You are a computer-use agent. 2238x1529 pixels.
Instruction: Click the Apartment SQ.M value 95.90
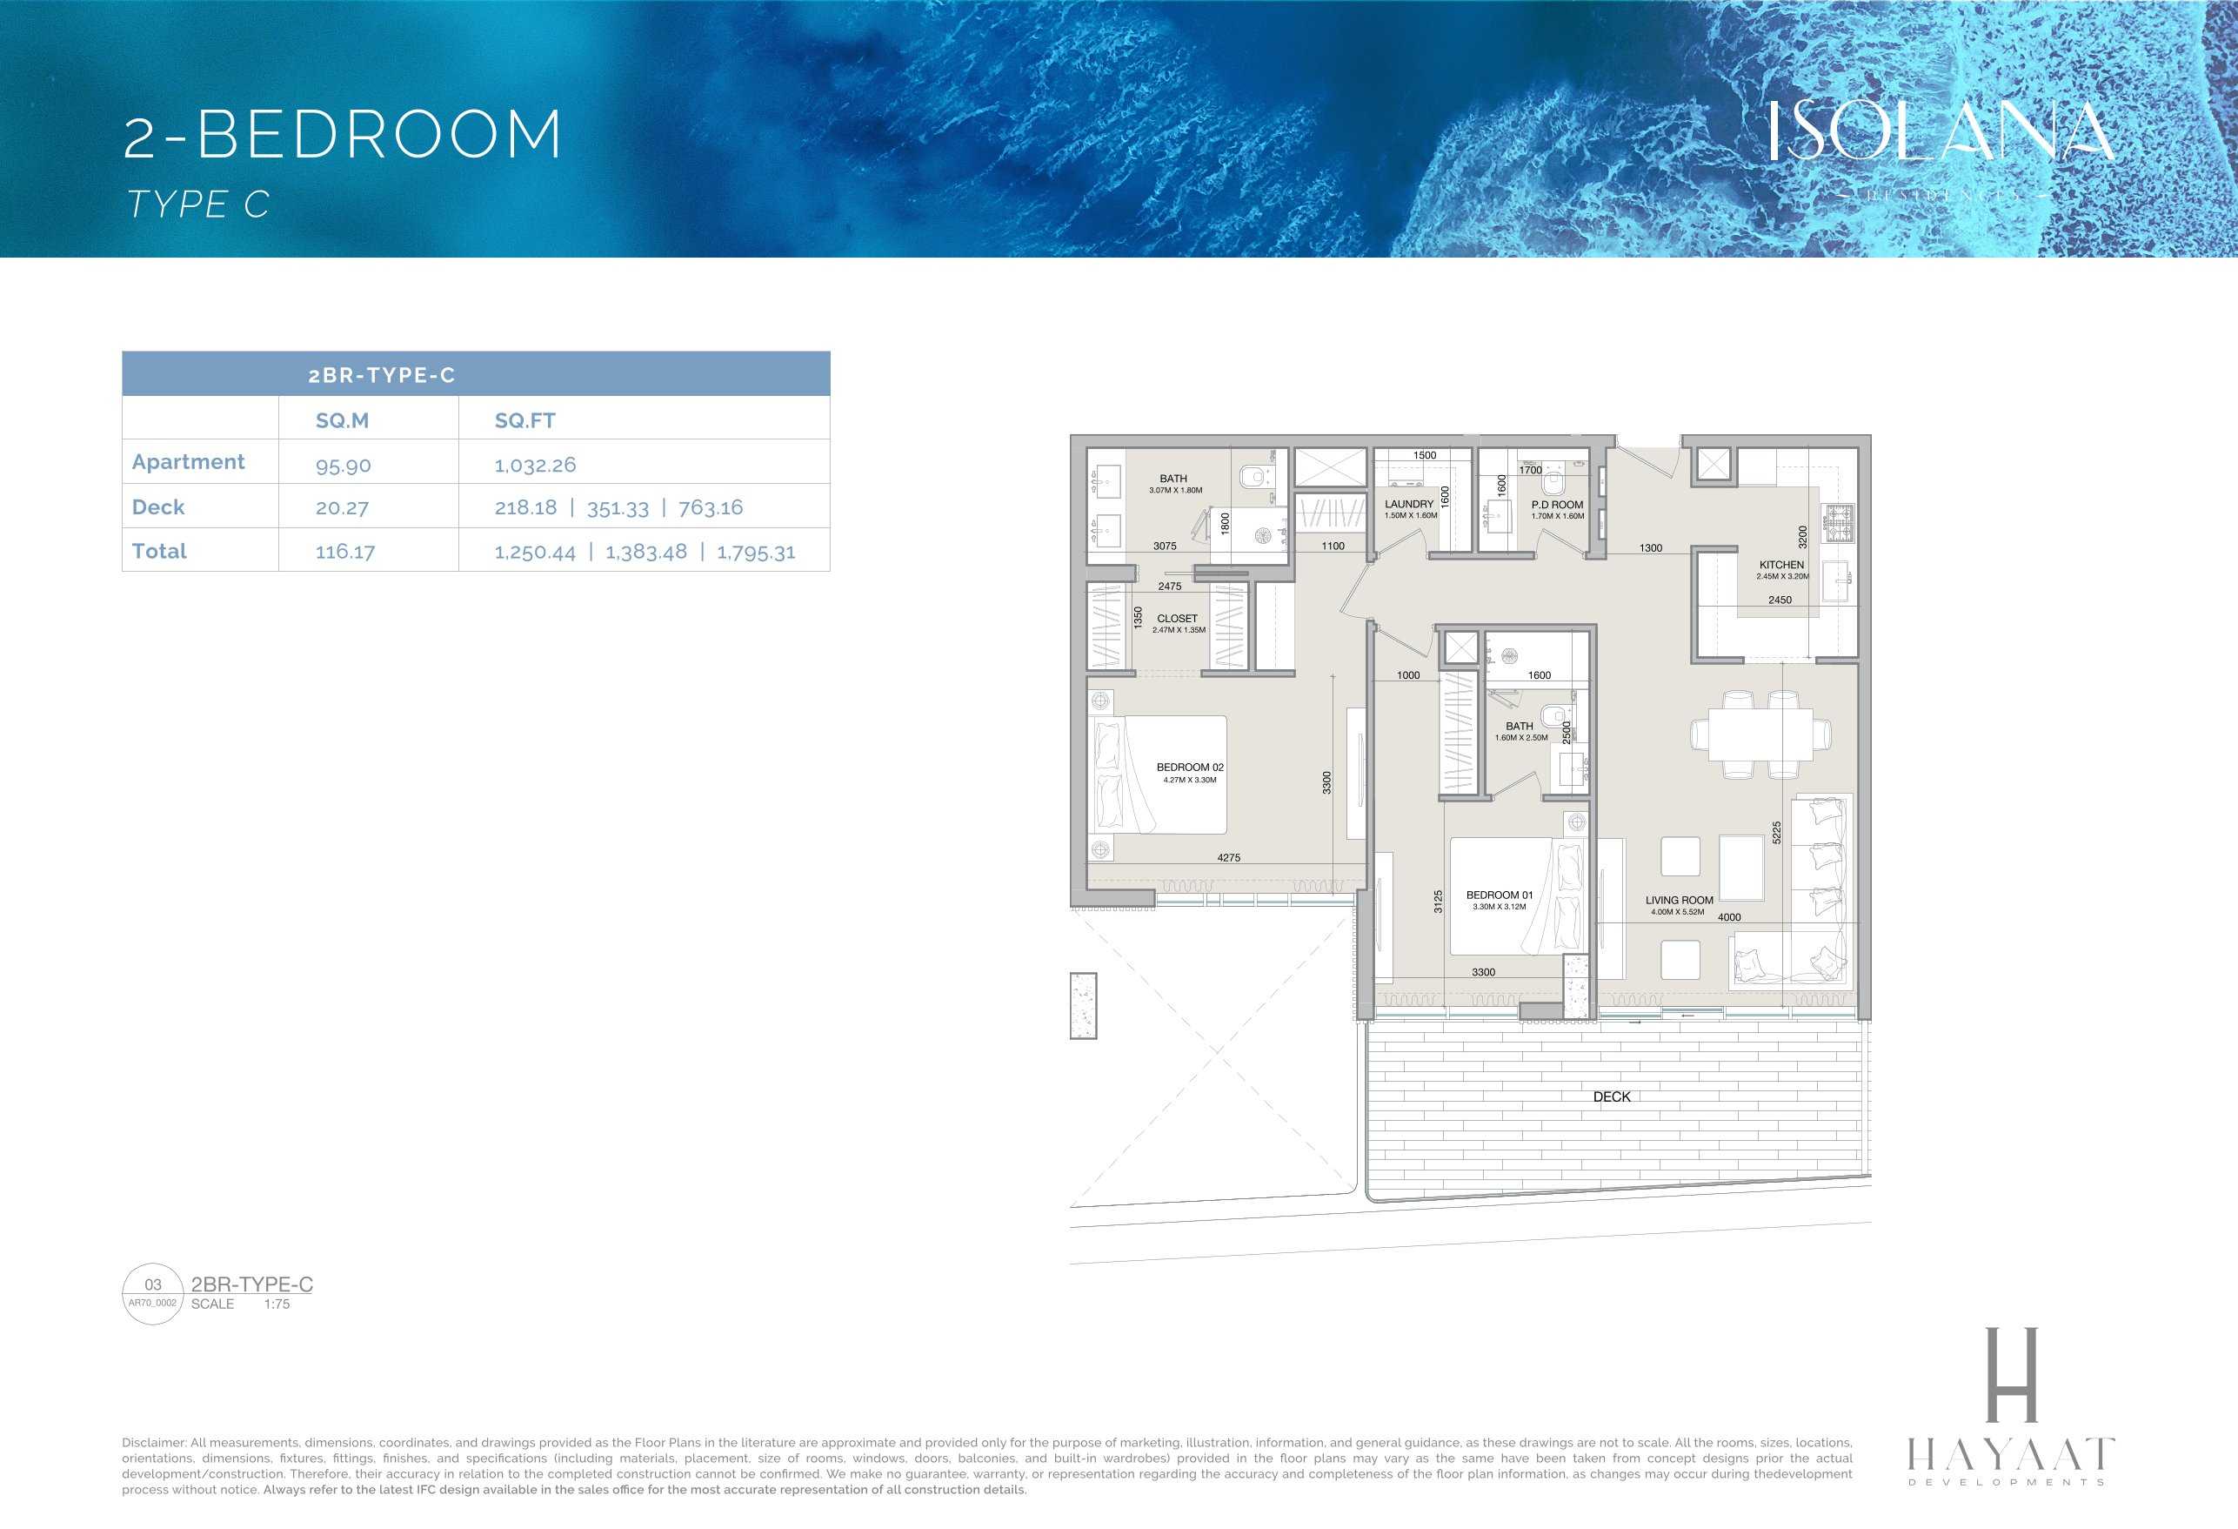coord(343,466)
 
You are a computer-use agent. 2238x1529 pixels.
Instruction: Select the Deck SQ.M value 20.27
coord(342,507)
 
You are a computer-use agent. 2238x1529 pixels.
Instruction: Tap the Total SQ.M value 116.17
coord(344,552)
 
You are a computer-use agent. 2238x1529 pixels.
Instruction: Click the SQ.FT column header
coord(524,420)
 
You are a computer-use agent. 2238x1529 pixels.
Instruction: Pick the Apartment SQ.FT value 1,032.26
coord(536,465)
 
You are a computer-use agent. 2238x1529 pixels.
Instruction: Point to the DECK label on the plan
coord(1611,1096)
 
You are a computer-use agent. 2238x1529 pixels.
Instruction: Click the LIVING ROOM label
coord(1679,900)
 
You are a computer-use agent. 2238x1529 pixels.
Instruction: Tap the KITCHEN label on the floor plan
coord(1780,565)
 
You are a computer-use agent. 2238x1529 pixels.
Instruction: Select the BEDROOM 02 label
coord(1189,767)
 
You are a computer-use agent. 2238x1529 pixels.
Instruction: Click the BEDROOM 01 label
coord(1500,895)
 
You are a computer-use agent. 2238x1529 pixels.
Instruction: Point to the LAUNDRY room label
coord(1409,504)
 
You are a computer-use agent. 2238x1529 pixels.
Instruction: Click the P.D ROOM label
coord(1557,504)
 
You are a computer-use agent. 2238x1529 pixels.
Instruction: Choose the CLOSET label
coord(1177,619)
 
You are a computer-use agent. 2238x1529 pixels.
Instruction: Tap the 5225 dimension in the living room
coord(1777,833)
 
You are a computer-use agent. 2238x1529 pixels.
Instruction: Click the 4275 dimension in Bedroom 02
coord(1229,857)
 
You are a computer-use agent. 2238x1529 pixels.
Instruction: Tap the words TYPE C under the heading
coord(198,205)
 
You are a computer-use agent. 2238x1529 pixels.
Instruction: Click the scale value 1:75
coord(277,1304)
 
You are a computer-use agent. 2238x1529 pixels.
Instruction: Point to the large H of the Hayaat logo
coord(2012,1374)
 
